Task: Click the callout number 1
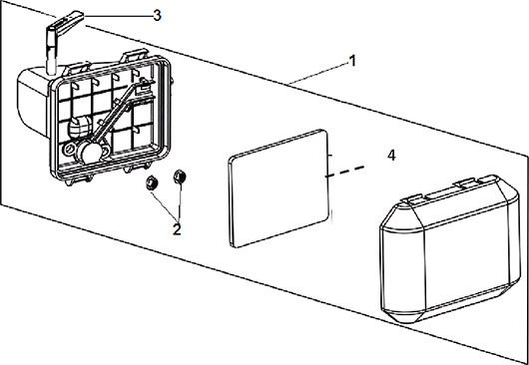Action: tap(352, 62)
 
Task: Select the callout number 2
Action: tap(177, 229)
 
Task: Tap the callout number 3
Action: tap(157, 16)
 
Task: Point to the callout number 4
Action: tap(391, 156)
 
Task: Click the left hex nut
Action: tap(150, 183)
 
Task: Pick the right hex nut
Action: tap(180, 177)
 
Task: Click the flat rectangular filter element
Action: tap(278, 188)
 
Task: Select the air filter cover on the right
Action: tap(450, 248)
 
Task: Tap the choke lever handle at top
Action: tap(65, 23)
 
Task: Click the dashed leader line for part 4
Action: tap(344, 172)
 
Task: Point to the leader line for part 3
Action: tap(118, 16)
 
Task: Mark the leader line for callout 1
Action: tap(317, 73)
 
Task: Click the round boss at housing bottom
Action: tap(89, 154)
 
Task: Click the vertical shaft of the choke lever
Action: tap(51, 53)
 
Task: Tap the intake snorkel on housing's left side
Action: tap(33, 101)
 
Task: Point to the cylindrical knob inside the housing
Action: tap(80, 127)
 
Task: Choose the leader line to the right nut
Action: tap(180, 200)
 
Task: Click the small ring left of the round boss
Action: tap(69, 149)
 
